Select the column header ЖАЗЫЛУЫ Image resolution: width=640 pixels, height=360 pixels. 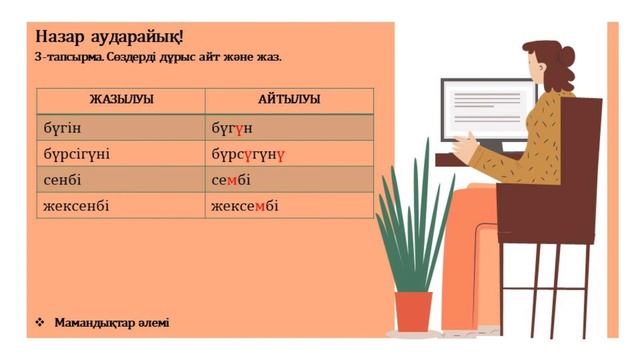120,99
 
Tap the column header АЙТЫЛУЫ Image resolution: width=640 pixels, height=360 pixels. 289,99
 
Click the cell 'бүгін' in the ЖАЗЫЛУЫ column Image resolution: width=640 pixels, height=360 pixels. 62,129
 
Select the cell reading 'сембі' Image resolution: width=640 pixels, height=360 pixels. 231,181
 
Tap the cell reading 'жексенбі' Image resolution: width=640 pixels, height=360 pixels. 76,207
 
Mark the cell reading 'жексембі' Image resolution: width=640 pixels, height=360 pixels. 245,207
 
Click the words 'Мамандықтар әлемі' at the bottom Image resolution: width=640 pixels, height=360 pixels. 112,322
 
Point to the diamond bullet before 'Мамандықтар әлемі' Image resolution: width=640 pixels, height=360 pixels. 40,322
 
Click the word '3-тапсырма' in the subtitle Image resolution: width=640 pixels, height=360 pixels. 67,58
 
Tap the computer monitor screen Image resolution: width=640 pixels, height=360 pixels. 487,108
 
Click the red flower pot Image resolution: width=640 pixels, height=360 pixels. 413,311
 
